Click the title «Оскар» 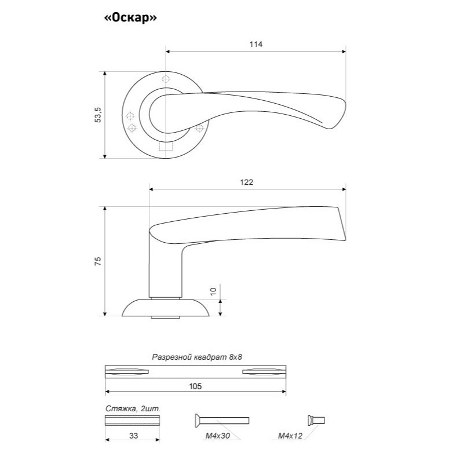pos(131,18)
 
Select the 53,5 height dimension pos(98,115)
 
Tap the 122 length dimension pos(247,182)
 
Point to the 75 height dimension pos(98,261)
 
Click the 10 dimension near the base pos(213,291)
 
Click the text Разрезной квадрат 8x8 pos(196,357)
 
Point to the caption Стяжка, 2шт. pos(133,408)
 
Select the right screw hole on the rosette pos(200,127)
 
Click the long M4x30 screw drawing pos(220,420)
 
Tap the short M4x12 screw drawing pos(316,420)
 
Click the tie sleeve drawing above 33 pos(132,420)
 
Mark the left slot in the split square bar pos(129,371)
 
